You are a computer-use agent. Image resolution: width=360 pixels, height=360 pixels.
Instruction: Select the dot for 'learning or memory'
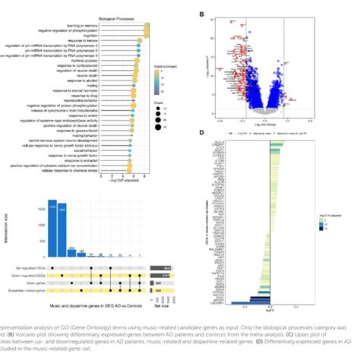click(x=147, y=26)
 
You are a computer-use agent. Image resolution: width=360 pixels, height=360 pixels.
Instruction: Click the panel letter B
click(x=201, y=14)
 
